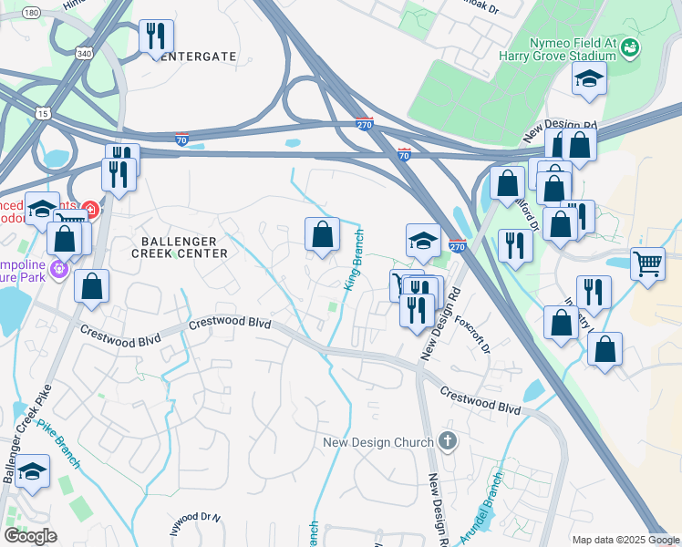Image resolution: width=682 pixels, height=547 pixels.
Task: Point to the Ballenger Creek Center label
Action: (x=178, y=247)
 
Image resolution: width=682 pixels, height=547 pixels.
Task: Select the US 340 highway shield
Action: (x=83, y=55)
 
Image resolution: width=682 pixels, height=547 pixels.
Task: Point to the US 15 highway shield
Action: (x=43, y=112)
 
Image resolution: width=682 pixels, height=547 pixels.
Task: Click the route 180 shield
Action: (x=31, y=13)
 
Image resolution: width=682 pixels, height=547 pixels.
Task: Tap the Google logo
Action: (x=30, y=536)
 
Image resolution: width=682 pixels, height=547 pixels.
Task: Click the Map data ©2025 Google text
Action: (x=625, y=540)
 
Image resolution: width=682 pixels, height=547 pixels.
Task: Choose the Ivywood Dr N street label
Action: (x=196, y=523)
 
